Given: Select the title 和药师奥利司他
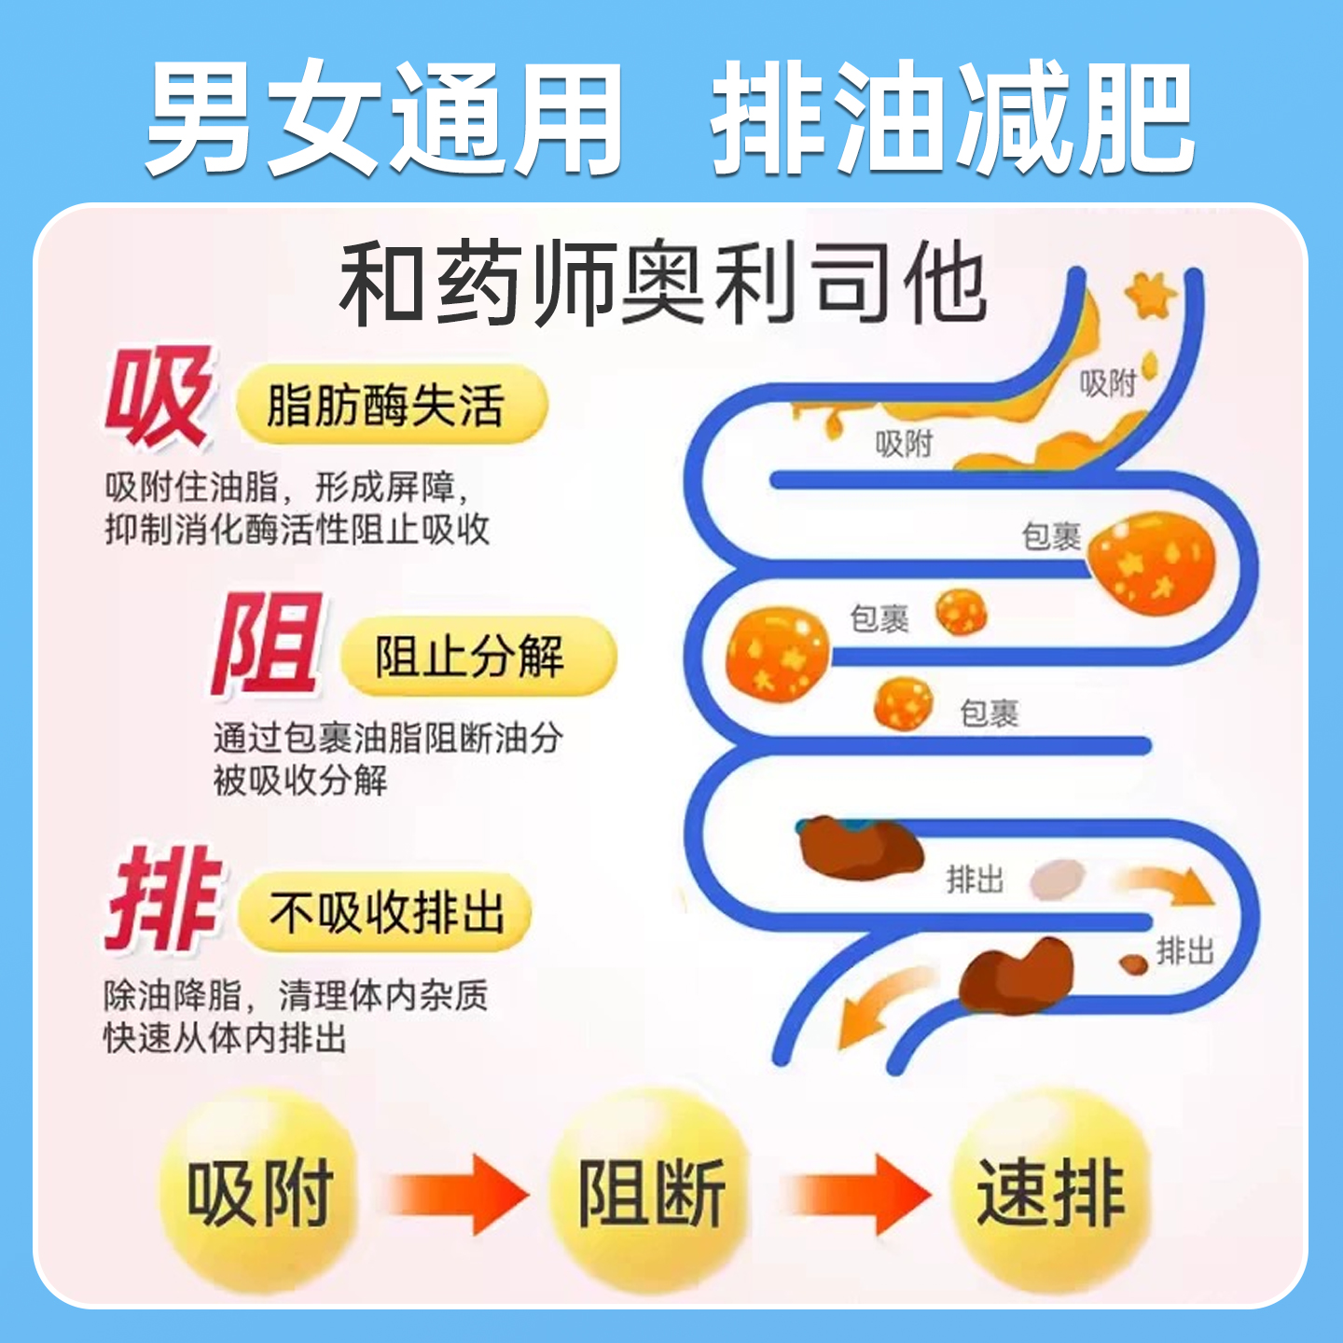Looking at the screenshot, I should [662, 283].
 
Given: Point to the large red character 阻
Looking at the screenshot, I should [266, 644].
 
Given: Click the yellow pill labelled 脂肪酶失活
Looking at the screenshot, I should [392, 406].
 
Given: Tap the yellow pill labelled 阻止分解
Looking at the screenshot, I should [478, 657].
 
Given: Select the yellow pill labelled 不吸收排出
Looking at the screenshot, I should [385, 911].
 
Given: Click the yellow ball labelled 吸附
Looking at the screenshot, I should [258, 1193].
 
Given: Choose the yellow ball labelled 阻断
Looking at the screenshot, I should [652, 1193].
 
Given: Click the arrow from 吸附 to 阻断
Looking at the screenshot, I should [457, 1194].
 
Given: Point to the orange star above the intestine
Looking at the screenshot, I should [1150, 296].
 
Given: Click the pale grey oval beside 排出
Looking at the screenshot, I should [1059, 879].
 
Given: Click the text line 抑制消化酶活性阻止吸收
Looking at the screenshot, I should [297, 530].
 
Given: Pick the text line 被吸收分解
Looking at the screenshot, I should [300, 781].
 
